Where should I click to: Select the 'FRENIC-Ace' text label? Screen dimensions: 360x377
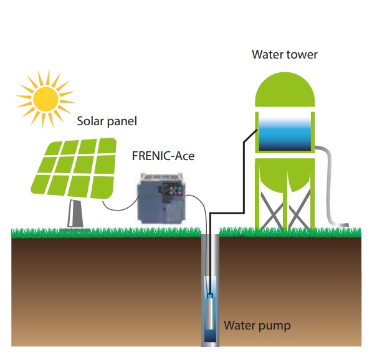point(163,156)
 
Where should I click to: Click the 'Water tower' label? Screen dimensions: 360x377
point(284,54)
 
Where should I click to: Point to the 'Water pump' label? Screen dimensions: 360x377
point(257,325)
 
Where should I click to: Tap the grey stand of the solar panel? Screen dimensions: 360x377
point(75,214)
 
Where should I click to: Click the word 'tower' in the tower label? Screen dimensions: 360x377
point(303,54)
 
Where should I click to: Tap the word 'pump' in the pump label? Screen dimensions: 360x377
point(275,326)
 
